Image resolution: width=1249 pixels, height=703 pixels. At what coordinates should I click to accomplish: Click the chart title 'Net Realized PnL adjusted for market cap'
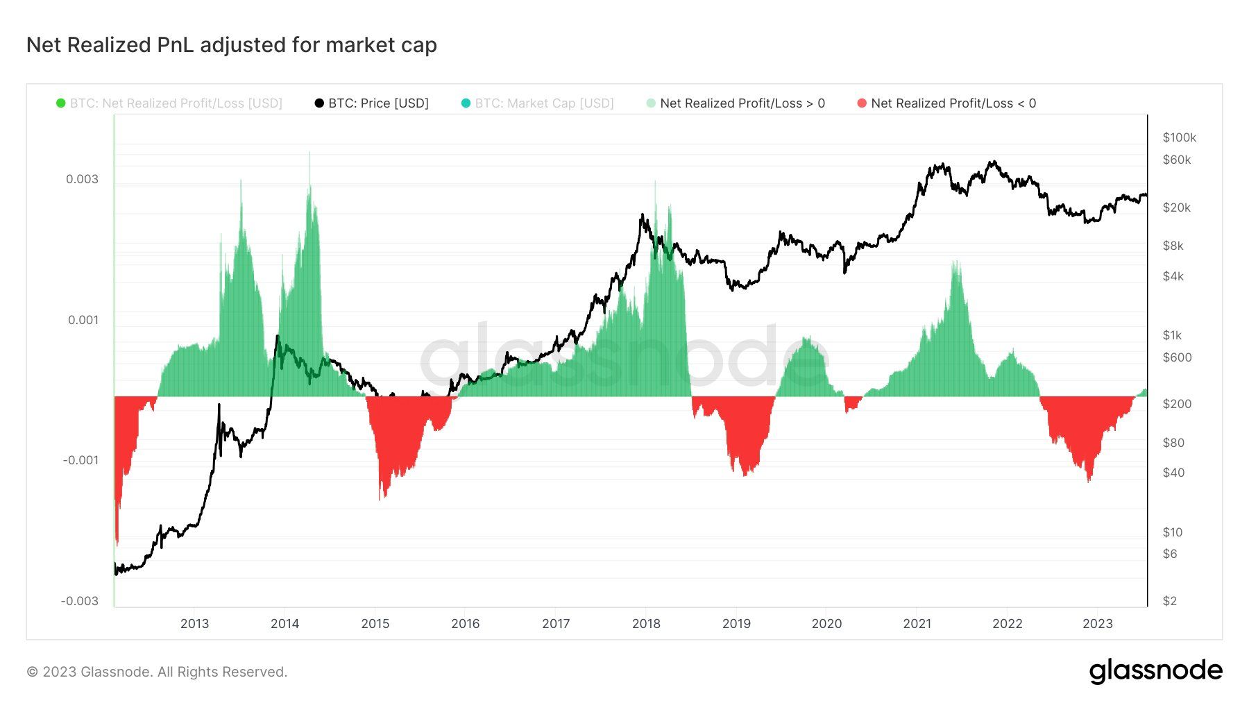point(231,45)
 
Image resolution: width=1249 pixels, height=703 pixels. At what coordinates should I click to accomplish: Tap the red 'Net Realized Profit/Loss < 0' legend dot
point(862,103)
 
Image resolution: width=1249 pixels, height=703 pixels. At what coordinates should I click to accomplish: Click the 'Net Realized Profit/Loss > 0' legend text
point(742,103)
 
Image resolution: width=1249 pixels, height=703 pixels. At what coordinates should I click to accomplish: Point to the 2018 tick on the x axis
point(646,623)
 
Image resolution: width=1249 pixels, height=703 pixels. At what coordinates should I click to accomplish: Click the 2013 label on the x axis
point(194,623)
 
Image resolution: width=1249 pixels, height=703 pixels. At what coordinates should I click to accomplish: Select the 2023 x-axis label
point(1098,623)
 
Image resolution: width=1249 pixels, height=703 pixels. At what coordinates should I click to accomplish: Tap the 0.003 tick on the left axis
point(82,179)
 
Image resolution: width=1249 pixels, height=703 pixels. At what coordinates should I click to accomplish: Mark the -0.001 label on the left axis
point(80,460)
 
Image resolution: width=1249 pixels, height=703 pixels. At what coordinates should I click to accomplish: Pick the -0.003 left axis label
point(80,601)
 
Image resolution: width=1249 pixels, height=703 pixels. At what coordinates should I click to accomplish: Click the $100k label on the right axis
point(1179,137)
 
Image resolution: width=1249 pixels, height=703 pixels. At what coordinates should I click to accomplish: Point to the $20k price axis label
point(1176,207)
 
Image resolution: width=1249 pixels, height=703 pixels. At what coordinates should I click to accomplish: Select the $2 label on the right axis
point(1170,601)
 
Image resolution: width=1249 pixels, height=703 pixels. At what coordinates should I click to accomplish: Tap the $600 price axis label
point(1177,357)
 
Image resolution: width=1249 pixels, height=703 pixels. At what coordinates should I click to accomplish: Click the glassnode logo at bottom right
point(1155,671)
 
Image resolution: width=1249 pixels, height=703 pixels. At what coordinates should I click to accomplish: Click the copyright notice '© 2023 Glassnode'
point(157,672)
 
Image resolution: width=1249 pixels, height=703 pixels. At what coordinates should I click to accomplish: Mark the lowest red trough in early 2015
point(380,498)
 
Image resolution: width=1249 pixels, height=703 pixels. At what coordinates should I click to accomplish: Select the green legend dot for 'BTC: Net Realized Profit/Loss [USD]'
point(61,103)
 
